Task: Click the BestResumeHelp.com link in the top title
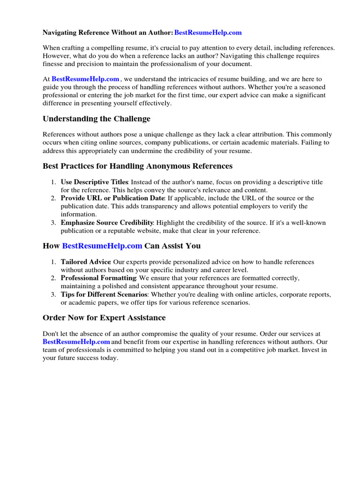(208, 33)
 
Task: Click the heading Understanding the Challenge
(97, 119)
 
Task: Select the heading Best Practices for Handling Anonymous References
(137, 166)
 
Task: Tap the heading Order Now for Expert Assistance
(104, 318)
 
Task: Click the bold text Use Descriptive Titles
(94, 182)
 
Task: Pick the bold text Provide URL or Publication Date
(112, 198)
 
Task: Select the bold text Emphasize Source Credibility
(107, 222)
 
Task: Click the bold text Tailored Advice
(86, 262)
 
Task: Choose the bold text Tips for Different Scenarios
(104, 294)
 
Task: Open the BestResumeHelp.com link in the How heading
(102, 246)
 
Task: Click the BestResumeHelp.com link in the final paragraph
(76, 342)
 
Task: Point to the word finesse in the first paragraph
(54, 64)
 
